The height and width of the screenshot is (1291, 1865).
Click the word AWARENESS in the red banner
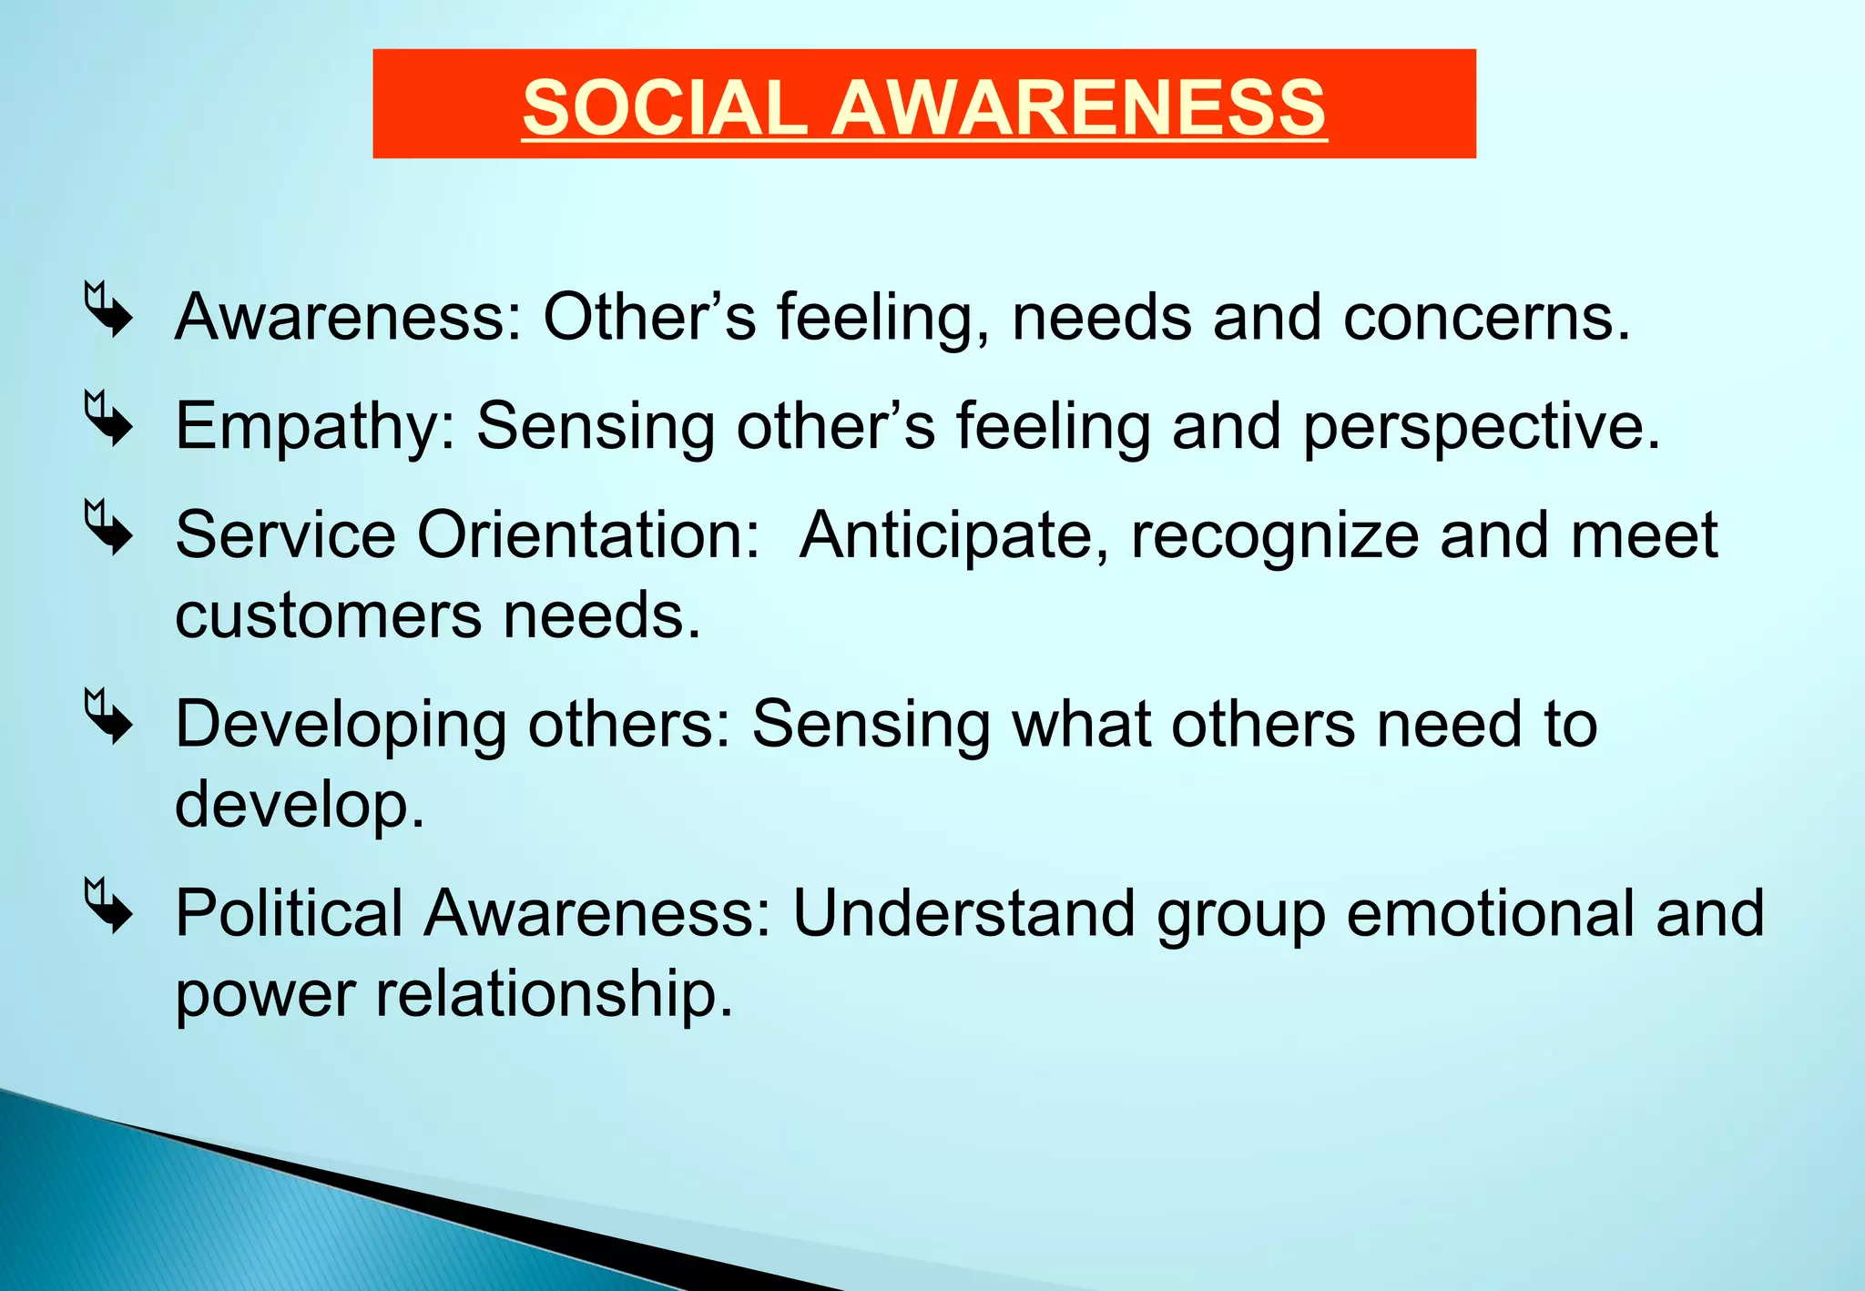(x=1079, y=107)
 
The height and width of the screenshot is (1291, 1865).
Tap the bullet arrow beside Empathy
(x=108, y=419)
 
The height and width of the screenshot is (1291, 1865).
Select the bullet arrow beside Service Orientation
(x=108, y=527)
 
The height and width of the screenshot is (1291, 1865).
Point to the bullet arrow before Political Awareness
(x=108, y=906)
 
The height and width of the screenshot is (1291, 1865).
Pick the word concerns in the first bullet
(x=1485, y=318)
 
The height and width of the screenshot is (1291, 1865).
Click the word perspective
(x=1481, y=426)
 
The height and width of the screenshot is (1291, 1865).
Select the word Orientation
(x=587, y=534)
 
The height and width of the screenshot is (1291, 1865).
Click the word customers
(x=328, y=615)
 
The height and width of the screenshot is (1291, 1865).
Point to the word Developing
(x=341, y=725)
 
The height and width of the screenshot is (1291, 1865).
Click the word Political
(x=289, y=912)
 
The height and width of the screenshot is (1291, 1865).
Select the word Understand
(x=963, y=912)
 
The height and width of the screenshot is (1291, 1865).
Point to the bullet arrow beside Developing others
(x=108, y=717)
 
